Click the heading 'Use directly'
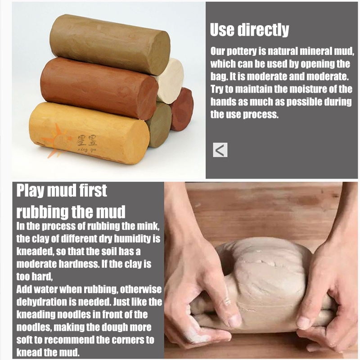(249, 30)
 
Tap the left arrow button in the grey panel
(220, 150)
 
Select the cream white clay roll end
(171, 81)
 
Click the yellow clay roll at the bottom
(90, 133)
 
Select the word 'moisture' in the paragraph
(292, 89)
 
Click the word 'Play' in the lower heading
(30, 190)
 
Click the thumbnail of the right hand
(303, 321)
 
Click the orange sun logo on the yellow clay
(58, 140)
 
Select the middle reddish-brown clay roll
(99, 88)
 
